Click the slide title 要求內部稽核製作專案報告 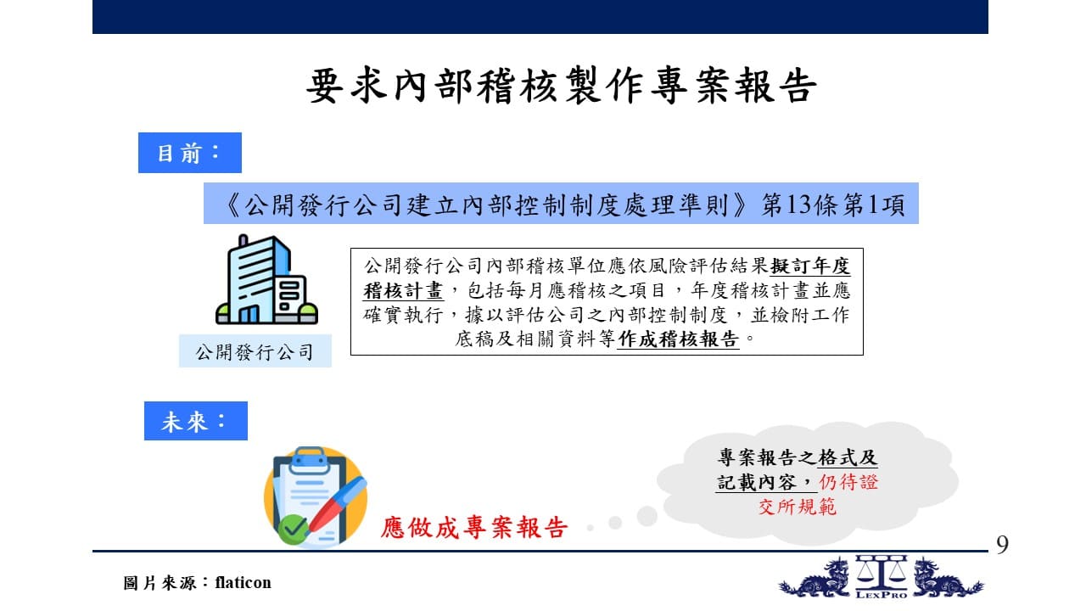(562, 87)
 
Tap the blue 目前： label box (190, 153)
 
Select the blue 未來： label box (196, 421)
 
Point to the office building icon (266, 279)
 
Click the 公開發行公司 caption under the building (255, 351)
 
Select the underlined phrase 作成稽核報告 (678, 339)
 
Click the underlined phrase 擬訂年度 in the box (810, 266)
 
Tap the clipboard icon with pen (316, 496)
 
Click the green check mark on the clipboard (292, 529)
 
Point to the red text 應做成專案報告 (473, 527)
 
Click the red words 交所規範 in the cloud (798, 507)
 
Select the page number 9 (1003, 544)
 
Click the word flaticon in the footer (243, 582)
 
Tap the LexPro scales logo (881, 576)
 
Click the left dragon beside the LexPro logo (815, 578)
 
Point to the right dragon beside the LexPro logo (948, 578)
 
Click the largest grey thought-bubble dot (647, 516)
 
